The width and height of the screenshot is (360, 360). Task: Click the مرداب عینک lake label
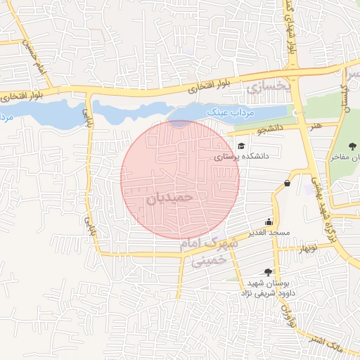click(x=235, y=112)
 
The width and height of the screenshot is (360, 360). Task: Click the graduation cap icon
click(x=241, y=146)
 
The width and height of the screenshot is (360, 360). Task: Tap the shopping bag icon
click(x=287, y=183)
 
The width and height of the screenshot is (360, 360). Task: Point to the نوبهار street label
click(x=306, y=248)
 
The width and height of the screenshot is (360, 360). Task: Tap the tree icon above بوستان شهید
click(x=267, y=271)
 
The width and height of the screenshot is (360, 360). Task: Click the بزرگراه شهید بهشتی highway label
click(x=325, y=203)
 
